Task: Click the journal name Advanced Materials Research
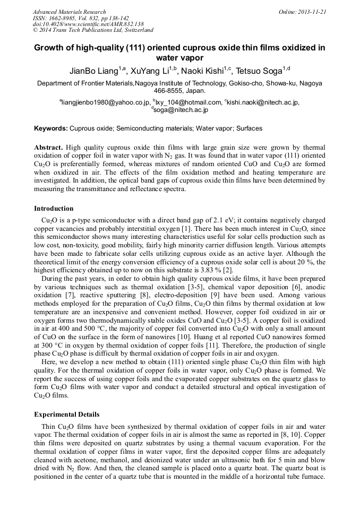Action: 69,12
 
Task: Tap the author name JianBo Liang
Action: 93,71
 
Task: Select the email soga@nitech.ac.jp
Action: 181,110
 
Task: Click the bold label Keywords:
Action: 51,128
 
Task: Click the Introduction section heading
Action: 54,209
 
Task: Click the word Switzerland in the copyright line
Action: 137,31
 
